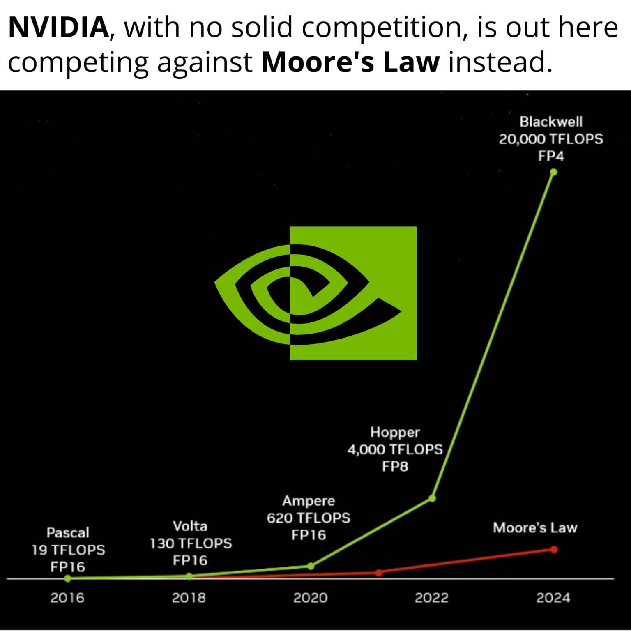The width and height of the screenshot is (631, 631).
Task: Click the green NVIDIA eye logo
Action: [315, 293]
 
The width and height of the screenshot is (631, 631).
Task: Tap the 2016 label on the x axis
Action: [67, 597]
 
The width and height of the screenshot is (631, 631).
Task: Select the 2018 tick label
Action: [189, 597]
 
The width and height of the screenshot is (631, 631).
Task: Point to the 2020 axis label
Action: [310, 597]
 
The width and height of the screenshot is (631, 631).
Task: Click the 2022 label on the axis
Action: [431, 597]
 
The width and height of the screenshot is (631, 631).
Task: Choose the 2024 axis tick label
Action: [553, 597]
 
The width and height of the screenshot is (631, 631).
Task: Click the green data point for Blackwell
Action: [553, 172]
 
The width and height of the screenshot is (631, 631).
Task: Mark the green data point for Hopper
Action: [432, 498]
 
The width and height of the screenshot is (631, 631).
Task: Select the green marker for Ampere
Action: [311, 566]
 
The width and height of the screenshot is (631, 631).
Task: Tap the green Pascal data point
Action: [68, 578]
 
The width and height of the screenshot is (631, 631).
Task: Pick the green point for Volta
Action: [189, 577]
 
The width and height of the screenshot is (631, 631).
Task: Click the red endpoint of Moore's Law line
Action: [554, 549]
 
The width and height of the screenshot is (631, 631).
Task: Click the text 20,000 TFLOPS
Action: [551, 139]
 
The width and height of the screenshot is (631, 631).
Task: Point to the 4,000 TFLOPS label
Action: [395, 449]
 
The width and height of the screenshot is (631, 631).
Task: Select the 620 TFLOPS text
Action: [309, 518]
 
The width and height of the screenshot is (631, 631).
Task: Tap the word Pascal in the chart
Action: [68, 533]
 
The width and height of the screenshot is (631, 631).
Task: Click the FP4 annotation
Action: [551, 157]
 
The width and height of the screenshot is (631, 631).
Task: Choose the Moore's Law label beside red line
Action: [535, 528]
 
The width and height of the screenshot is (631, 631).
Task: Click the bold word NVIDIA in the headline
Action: [58, 28]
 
